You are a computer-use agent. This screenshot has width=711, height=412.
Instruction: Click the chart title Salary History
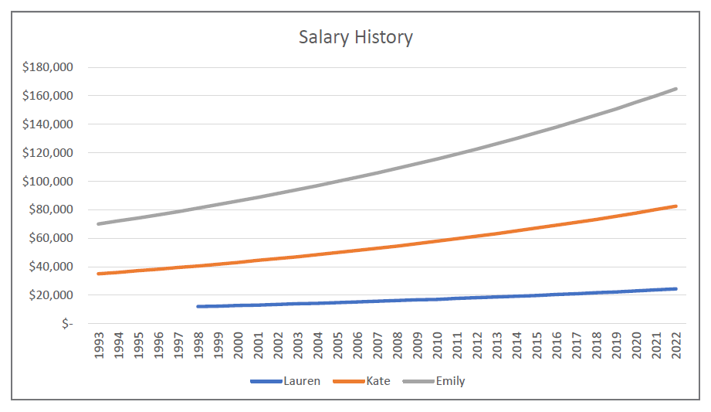(x=356, y=37)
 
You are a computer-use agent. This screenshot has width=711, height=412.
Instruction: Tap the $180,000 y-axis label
(x=48, y=67)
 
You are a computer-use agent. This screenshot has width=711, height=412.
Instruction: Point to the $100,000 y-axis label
(x=48, y=182)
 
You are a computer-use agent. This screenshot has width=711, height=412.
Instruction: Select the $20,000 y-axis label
(x=51, y=295)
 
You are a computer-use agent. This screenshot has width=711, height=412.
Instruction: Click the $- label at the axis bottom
(x=67, y=324)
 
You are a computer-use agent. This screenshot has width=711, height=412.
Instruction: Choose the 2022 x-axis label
(x=676, y=346)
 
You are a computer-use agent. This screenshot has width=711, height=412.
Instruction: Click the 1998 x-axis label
(x=199, y=346)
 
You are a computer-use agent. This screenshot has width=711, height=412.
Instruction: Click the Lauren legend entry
(x=285, y=381)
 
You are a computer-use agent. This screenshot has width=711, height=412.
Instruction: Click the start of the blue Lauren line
(x=199, y=307)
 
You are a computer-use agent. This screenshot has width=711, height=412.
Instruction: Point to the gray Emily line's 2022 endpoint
(x=676, y=89)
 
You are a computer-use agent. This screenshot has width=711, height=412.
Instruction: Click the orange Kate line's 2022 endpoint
(x=676, y=206)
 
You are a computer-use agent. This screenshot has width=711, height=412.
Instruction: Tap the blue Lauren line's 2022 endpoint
(x=676, y=289)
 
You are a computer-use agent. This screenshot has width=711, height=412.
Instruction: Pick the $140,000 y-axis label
(x=48, y=124)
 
